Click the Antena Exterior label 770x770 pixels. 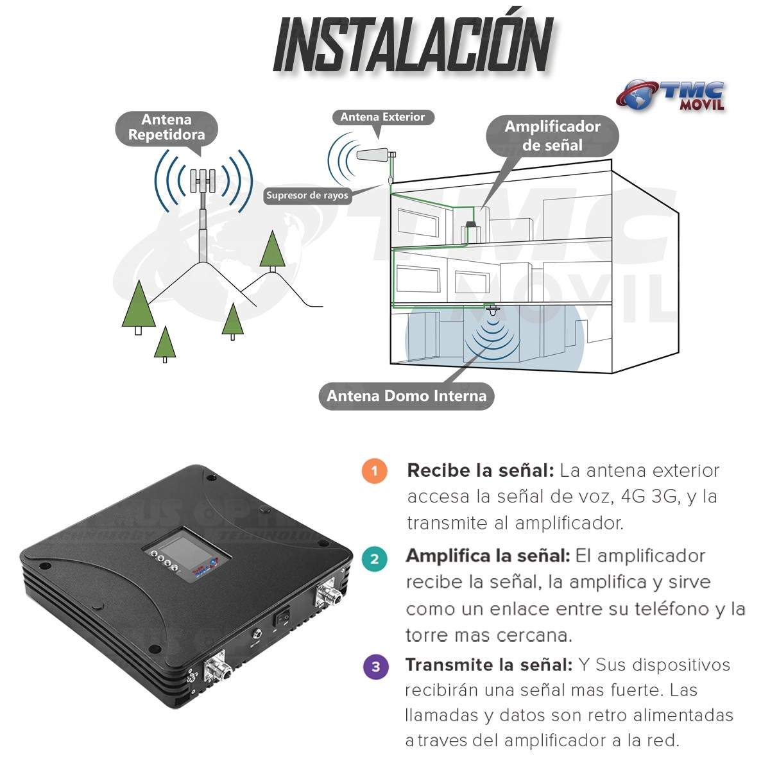point(382,117)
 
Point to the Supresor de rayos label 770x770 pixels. point(307,195)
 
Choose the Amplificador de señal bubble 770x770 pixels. point(552,135)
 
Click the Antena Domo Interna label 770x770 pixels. point(406,395)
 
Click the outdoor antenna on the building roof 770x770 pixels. point(375,155)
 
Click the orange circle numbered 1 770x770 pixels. point(374,470)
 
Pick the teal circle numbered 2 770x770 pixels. point(375,558)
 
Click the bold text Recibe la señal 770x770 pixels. point(480,470)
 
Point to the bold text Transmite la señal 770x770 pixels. point(488,665)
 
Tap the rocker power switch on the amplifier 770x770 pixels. point(282,617)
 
